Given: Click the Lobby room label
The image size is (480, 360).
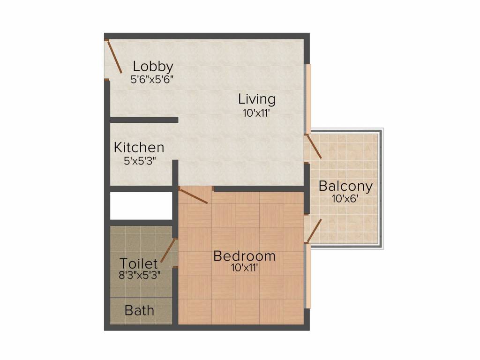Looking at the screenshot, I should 153,66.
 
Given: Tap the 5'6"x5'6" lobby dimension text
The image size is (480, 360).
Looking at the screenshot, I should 152,79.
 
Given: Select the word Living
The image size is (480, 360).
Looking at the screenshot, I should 256,99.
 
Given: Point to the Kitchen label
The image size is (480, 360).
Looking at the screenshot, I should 139,148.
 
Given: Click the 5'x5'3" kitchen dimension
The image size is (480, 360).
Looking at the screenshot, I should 140,161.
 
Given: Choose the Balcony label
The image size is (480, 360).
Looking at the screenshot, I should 345,186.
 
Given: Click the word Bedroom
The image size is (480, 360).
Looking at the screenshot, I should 244,256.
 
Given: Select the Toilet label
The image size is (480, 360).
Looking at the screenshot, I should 138,263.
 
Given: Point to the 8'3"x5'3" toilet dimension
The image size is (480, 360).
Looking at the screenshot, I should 140,275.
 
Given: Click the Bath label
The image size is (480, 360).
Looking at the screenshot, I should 139,310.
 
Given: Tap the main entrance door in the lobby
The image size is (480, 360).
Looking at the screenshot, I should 114,57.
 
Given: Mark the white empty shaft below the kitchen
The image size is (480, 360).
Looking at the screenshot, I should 141,205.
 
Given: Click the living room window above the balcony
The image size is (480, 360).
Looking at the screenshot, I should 308,98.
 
